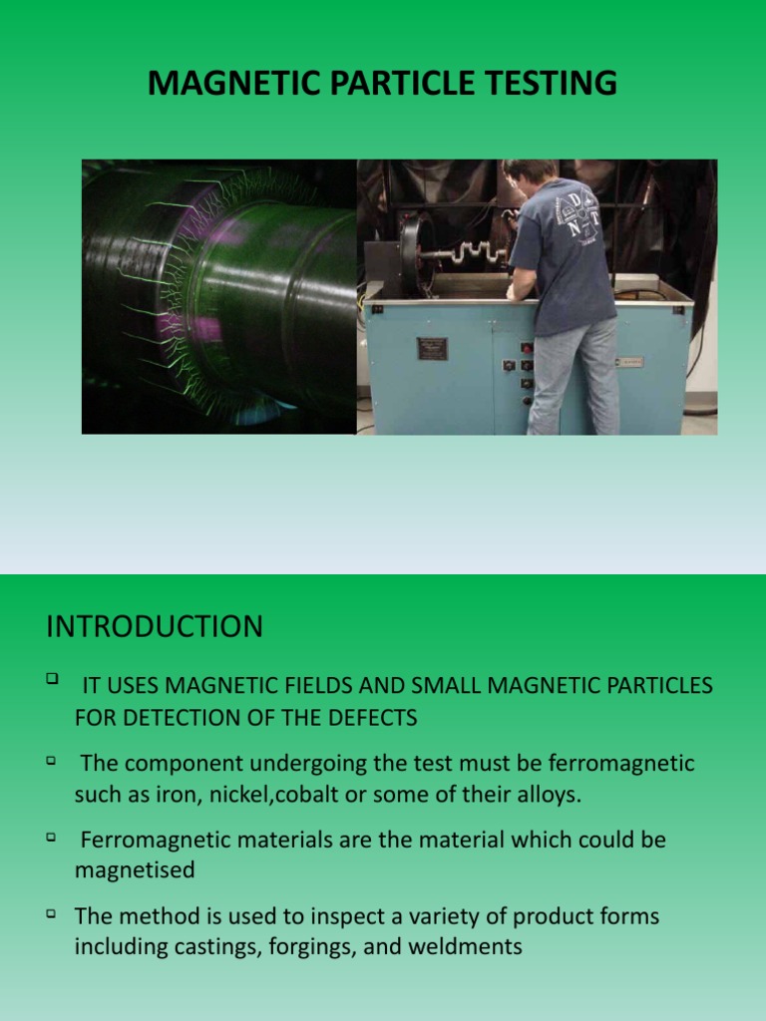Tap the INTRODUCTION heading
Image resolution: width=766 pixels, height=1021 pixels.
point(155,627)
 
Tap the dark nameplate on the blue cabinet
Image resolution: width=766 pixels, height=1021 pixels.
point(432,349)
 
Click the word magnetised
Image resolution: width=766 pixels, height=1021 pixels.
point(135,870)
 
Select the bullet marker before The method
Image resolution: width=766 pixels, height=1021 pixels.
point(52,912)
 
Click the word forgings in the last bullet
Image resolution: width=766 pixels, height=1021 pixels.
point(304,946)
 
